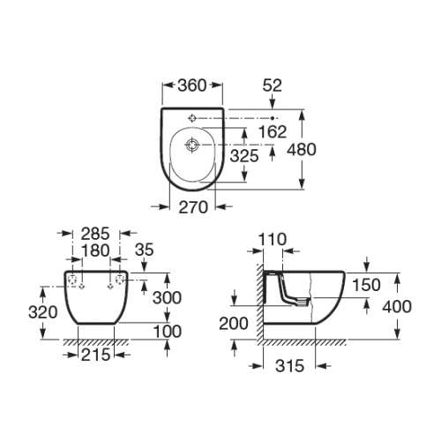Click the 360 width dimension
tap(192, 86)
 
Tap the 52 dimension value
tap(273, 86)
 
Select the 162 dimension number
tap(273, 131)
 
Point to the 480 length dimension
tap(302, 149)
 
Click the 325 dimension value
tap(244, 155)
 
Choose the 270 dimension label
tap(193, 207)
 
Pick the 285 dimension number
tap(95, 234)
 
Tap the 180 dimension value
tap(95, 250)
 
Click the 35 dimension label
tap(145, 250)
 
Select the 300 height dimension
tap(167, 298)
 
